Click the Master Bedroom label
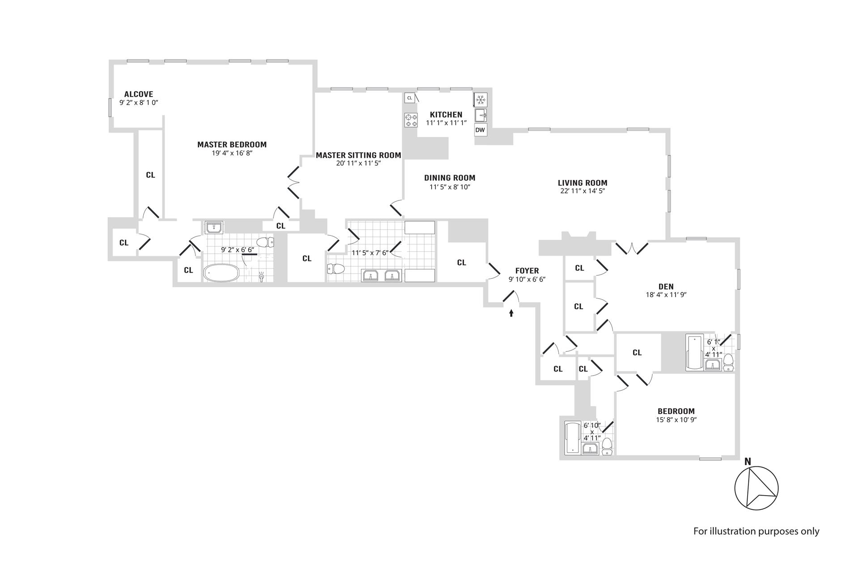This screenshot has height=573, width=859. point(232,145)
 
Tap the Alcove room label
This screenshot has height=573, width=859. point(139,94)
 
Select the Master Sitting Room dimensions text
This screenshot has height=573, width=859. point(358,163)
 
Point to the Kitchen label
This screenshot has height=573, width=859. point(446,115)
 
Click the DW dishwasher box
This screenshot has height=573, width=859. point(480,130)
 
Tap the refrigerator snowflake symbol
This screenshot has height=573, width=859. point(481,99)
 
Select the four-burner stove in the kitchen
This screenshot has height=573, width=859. point(411,120)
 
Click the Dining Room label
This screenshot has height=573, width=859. point(450,178)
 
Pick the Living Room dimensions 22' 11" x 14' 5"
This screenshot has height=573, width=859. point(582,191)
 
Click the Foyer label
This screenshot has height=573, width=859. point(527,271)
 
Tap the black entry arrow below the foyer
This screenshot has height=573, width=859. point(511,313)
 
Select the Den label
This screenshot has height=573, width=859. point(666,286)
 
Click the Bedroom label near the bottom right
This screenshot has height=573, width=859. point(676,411)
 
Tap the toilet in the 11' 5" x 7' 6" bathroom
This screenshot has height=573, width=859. point(336,269)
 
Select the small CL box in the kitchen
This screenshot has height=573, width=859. point(409,98)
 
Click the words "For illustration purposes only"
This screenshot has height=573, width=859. point(756,531)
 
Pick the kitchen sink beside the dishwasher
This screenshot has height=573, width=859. point(481,115)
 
